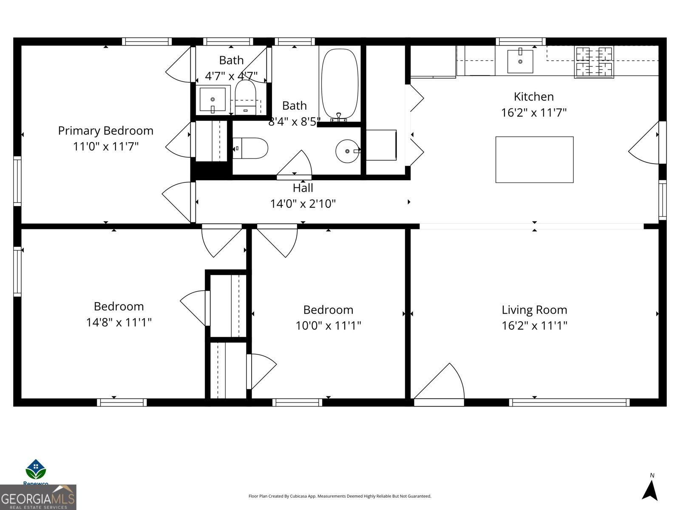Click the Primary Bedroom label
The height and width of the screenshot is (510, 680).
click(105, 130)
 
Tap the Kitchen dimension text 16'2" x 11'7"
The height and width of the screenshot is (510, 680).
click(534, 113)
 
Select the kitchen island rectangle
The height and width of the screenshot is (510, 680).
click(534, 160)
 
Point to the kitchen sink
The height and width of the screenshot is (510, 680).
click(520, 61)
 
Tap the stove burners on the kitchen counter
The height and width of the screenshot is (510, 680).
click(594, 62)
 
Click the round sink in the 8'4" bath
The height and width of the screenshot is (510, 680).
click(347, 151)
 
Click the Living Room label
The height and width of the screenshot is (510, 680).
click(534, 310)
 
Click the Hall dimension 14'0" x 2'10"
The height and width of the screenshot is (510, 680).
click(303, 204)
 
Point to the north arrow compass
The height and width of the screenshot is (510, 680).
click(650, 489)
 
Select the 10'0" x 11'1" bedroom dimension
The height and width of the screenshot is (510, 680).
click(328, 326)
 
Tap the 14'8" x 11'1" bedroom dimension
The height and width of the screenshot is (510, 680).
click(119, 322)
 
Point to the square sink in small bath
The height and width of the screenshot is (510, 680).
click(212, 99)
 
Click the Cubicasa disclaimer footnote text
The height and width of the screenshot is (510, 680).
click(340, 496)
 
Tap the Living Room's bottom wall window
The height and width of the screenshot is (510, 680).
click(569, 402)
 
